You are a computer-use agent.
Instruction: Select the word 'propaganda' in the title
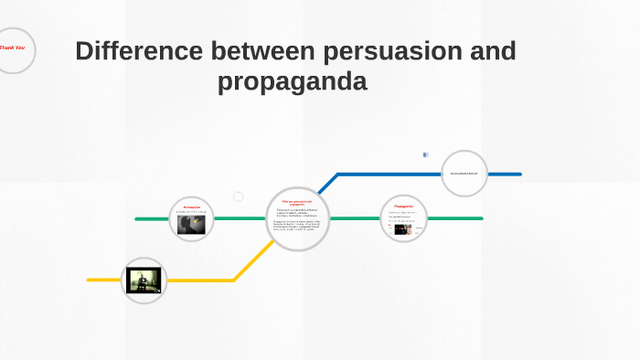292,82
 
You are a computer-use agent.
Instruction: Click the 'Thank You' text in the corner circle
12,48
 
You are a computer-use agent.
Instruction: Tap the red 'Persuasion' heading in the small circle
191,207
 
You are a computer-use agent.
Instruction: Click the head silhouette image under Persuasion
191,225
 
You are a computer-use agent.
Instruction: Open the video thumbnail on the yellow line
144,281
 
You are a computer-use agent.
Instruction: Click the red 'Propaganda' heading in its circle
403,207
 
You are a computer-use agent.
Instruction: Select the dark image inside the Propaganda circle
401,229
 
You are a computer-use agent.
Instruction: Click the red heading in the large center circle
297,201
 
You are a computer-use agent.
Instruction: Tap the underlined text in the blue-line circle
464,174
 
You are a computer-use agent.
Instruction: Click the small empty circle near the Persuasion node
239,196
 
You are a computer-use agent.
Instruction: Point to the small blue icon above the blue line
425,155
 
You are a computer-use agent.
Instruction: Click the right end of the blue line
518,174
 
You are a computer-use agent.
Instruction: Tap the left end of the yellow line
90,280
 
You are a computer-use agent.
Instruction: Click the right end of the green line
480,219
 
